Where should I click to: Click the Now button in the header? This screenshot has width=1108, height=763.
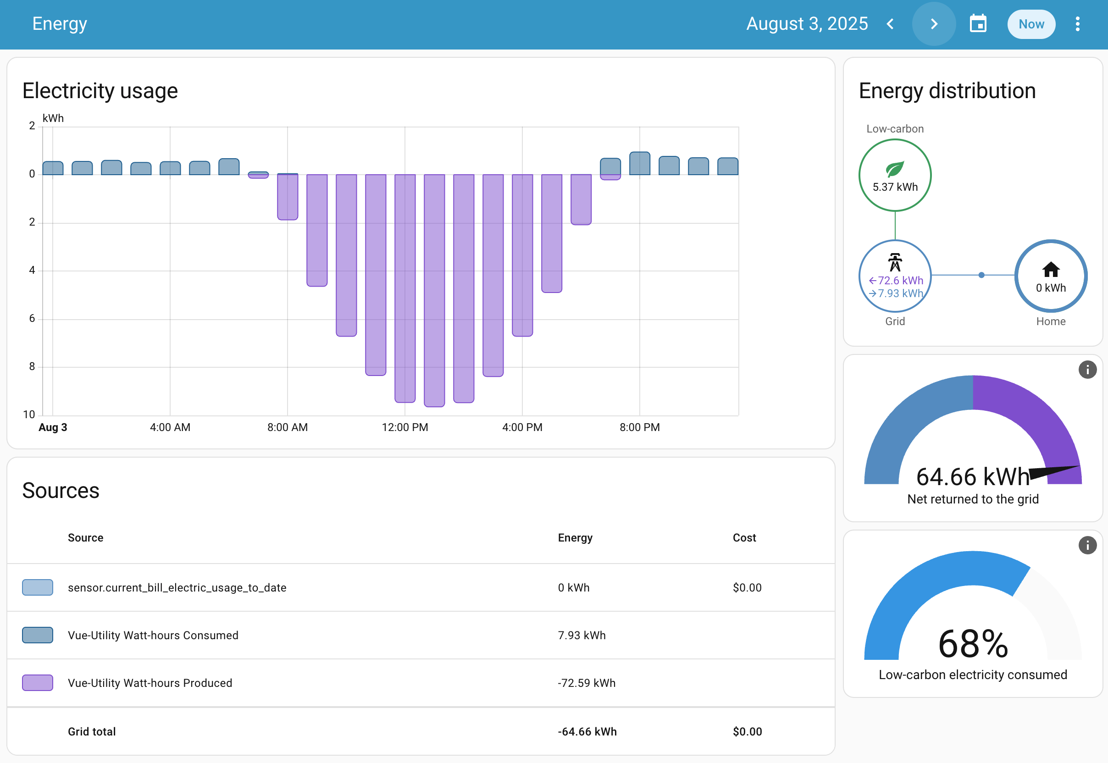1030,24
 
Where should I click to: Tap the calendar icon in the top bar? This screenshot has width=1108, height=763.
977,24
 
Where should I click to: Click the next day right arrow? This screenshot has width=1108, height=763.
933,24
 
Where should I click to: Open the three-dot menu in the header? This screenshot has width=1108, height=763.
1077,24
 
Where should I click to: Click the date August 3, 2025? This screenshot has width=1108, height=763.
806,24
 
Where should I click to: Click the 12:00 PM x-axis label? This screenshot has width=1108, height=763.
404,427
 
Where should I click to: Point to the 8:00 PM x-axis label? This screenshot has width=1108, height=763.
639,427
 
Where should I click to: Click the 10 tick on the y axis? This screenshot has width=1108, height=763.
29,415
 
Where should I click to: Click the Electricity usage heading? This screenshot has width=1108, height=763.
100,91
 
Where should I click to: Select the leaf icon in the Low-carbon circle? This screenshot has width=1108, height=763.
894,169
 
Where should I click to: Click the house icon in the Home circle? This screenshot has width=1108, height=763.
1050,270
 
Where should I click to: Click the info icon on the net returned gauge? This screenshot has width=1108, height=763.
1087,370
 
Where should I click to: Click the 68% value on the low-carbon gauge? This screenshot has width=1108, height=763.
973,644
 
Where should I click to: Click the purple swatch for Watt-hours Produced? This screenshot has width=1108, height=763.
37,683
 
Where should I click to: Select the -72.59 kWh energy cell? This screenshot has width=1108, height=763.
586,683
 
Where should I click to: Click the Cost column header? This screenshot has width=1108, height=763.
743,538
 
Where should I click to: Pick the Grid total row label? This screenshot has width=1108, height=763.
92,731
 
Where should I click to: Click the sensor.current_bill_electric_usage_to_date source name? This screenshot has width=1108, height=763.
177,587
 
